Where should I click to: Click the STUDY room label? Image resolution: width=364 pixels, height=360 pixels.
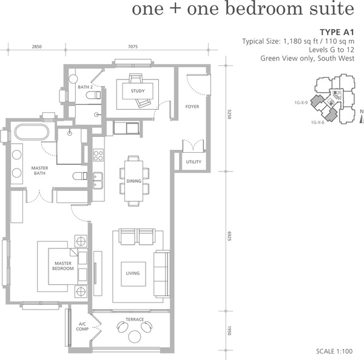138,91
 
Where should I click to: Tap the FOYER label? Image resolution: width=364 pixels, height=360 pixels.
192,107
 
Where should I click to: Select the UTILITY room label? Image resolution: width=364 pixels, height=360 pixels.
194,162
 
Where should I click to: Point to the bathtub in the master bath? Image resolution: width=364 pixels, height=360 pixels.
32,132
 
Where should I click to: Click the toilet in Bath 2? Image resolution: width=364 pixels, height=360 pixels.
93,95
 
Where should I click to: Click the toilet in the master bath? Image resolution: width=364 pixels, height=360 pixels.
80,176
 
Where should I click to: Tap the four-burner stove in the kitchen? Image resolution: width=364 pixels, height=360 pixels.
98,155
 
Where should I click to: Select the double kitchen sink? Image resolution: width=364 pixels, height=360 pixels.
98,181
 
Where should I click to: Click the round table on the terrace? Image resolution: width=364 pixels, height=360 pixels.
135,336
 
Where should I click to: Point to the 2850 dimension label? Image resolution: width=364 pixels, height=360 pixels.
36,47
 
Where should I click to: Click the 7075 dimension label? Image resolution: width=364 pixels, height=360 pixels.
133,47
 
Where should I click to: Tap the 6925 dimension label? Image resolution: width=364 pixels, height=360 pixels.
229,236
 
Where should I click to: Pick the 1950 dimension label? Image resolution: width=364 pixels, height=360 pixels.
229,330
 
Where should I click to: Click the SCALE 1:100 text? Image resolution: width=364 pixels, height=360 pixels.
334,352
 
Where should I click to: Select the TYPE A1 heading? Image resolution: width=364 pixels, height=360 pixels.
337,32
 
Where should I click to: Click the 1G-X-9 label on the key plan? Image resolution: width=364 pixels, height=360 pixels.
301,102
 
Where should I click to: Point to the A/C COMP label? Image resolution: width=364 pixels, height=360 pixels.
82,327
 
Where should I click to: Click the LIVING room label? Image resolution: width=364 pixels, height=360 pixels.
133,273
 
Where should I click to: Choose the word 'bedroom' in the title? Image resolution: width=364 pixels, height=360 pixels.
264,8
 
